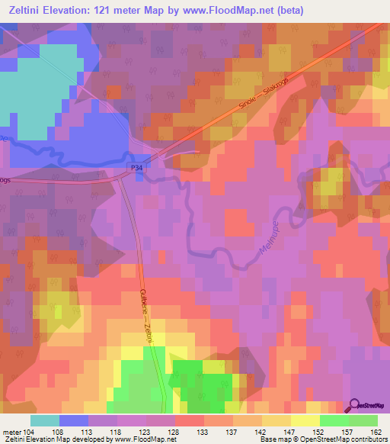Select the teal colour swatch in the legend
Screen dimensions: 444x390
coord(45,420)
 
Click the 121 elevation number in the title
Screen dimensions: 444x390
coord(145,10)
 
